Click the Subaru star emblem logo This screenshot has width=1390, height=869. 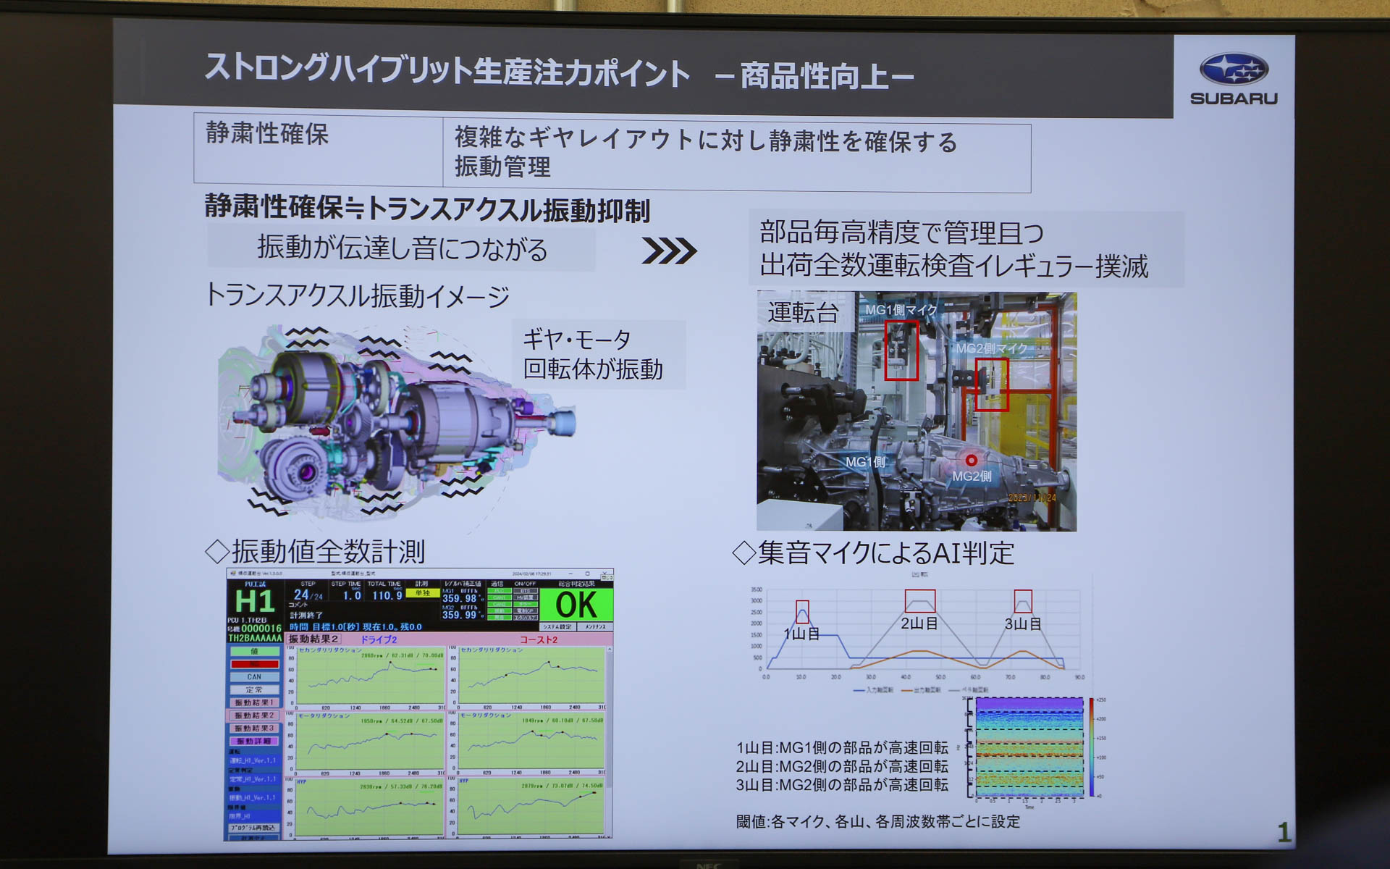click(x=1234, y=70)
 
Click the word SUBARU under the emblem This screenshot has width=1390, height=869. click(x=1234, y=98)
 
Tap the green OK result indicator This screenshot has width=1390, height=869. click(x=576, y=605)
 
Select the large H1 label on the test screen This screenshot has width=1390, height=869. click(x=255, y=602)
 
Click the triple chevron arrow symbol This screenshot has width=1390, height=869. click(x=669, y=251)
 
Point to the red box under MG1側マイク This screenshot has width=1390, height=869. click(x=901, y=351)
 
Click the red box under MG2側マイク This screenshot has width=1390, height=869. click(x=991, y=385)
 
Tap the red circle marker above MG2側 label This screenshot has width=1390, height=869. click(x=971, y=460)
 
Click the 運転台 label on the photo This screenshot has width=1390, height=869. click(x=803, y=313)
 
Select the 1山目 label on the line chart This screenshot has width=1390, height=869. click(x=801, y=634)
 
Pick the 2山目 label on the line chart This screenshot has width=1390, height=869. click(x=919, y=623)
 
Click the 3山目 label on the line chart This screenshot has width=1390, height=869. click(x=1022, y=624)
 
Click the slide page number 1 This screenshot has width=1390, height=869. click(x=1284, y=832)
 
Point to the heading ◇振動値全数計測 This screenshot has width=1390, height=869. click(x=315, y=552)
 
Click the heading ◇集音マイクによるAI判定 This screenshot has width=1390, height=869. click(x=873, y=553)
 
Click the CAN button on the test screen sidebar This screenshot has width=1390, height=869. click(x=254, y=677)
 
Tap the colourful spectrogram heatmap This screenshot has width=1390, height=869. click(x=1029, y=748)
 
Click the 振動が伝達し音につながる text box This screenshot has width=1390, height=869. click(x=402, y=249)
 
